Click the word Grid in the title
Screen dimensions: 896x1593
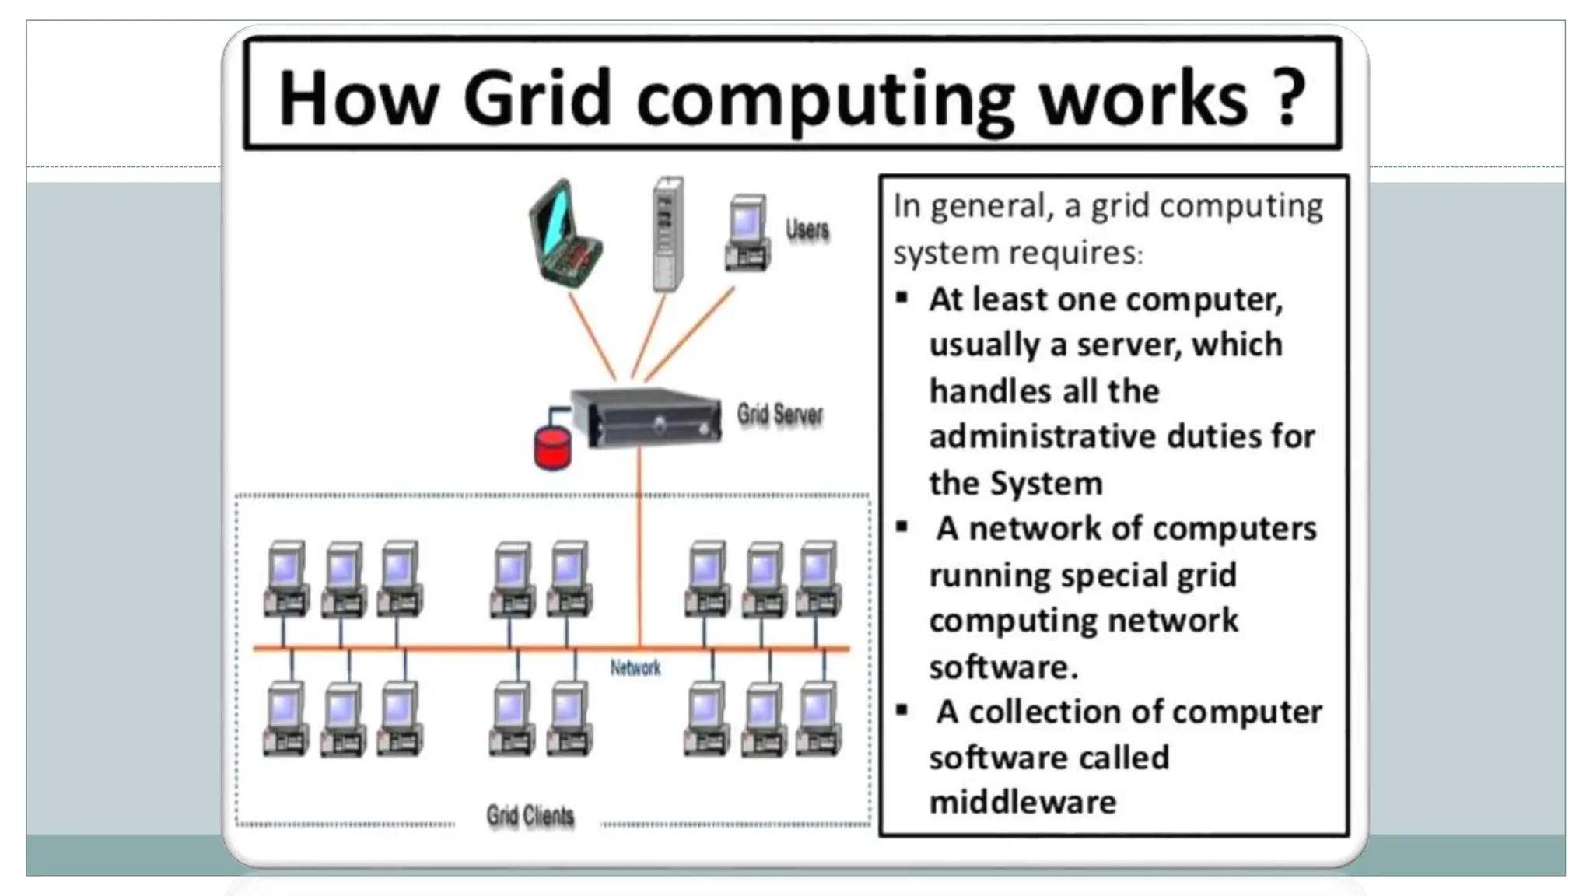tap(537, 99)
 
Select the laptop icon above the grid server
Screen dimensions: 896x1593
tap(565, 234)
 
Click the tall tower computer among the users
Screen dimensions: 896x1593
tap(667, 233)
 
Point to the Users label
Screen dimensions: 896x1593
tap(807, 229)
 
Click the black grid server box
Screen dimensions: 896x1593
tap(646, 417)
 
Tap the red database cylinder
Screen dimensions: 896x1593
tap(552, 449)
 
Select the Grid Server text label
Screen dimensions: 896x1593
tap(779, 415)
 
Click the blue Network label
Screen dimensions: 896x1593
tap(635, 668)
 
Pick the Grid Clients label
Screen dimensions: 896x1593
tap(530, 816)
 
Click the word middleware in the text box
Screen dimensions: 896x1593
tap(1023, 803)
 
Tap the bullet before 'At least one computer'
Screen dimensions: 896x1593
tap(902, 299)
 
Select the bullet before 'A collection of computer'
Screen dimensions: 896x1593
tap(902, 710)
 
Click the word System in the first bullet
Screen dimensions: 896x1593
tap(1046, 484)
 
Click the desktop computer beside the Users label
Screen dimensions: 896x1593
tap(747, 233)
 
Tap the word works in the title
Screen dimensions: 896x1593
tap(1144, 99)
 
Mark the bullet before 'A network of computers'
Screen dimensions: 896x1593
tap(902, 527)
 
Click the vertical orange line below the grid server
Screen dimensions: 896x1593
tap(639, 544)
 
